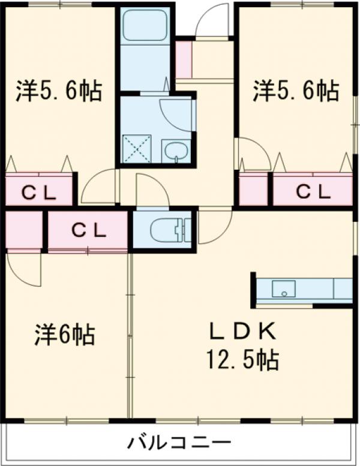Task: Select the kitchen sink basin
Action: tap(283, 289)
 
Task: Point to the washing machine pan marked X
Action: tap(137, 148)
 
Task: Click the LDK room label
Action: tap(242, 331)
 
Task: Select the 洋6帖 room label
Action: tap(64, 334)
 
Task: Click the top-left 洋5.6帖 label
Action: tap(58, 92)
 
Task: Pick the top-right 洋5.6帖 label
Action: tap(295, 92)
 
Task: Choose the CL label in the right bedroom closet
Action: tap(313, 192)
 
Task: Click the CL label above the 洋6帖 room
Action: tap(88, 229)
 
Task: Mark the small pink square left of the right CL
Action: tap(253, 191)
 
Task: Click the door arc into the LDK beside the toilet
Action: tap(213, 228)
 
